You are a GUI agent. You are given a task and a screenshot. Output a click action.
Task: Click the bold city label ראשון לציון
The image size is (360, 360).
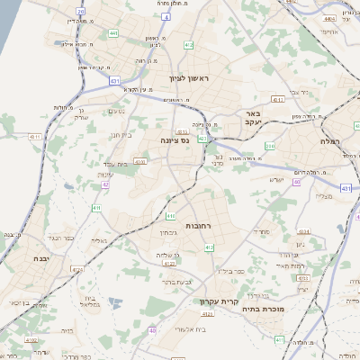(x=188, y=79)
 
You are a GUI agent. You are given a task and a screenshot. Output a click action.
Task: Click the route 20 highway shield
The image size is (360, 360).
(x=80, y=12)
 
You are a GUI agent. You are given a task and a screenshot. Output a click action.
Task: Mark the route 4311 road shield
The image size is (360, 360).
(x=35, y=137)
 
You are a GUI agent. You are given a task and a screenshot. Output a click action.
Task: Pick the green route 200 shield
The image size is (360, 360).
(x=270, y=146)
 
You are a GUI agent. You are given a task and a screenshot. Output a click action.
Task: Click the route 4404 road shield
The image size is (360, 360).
(x=329, y=18)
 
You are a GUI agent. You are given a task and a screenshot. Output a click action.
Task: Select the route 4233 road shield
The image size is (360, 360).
(x=302, y=278)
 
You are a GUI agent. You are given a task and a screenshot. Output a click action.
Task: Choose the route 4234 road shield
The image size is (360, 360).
(x=303, y=231)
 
